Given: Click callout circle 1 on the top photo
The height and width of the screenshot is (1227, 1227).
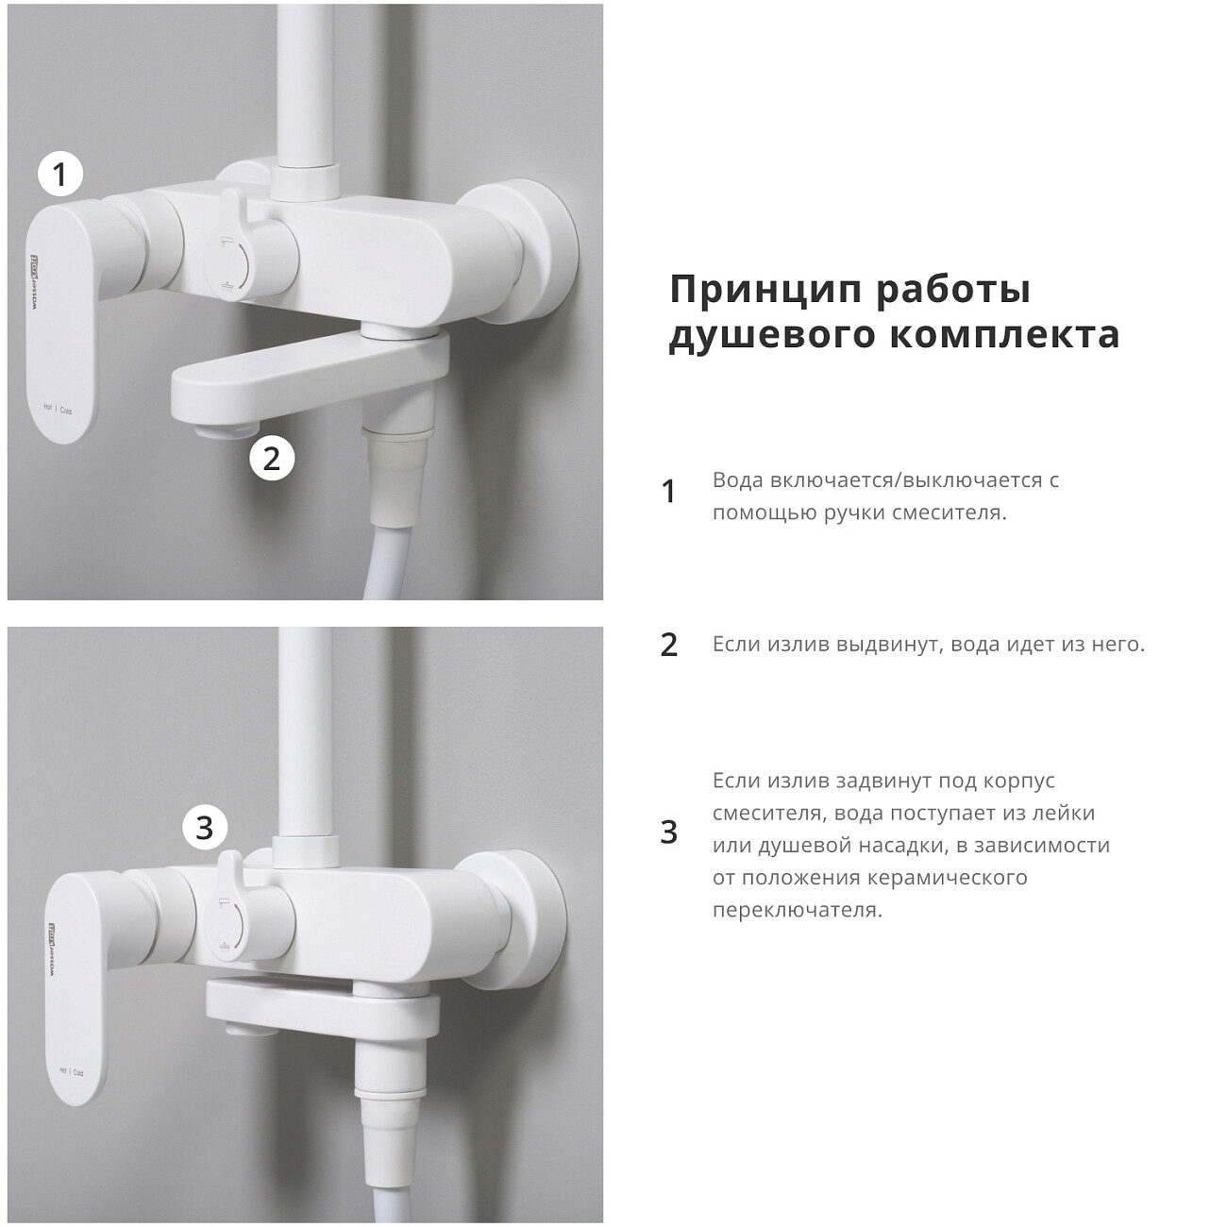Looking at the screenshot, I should tap(60, 175).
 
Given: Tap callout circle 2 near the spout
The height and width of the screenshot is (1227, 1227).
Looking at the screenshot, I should tap(272, 459).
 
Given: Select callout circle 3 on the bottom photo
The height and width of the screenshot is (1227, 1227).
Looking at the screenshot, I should tap(205, 829).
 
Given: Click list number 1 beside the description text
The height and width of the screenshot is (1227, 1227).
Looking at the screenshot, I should tap(669, 492).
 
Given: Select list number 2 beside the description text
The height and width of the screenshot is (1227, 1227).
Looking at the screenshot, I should tap(669, 645).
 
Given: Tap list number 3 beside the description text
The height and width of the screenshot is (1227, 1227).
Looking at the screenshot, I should tap(669, 832).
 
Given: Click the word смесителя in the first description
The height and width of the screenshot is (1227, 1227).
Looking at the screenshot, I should tap(949, 513).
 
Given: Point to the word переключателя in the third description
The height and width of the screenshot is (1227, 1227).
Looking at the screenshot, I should tap(797, 911).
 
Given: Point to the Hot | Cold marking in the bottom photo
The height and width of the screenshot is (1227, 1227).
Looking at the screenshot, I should tap(71, 1072).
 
